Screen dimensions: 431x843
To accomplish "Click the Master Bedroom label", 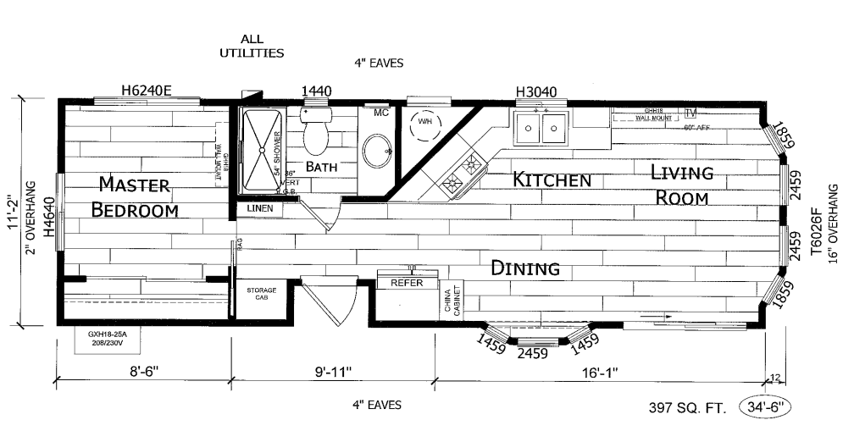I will [x=135, y=196].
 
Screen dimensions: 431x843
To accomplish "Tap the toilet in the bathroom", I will [x=315, y=131].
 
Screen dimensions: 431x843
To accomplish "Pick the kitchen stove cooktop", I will [x=461, y=173].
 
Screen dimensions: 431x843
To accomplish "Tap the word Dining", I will [x=525, y=268].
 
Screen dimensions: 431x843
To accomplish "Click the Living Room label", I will [x=681, y=185].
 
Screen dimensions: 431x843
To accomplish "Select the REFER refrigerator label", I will [x=406, y=284].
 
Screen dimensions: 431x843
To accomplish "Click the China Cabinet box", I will [x=449, y=301].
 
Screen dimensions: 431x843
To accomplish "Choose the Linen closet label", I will [x=259, y=208].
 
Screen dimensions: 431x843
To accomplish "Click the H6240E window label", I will [x=146, y=91].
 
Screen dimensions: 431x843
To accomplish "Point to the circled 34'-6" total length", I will [x=765, y=407].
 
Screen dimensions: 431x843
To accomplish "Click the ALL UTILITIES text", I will [x=252, y=46].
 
